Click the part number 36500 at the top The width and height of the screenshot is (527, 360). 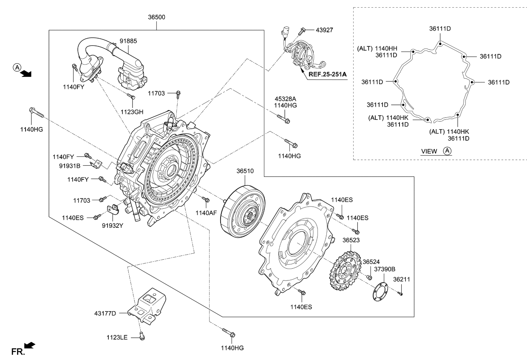point(156,17)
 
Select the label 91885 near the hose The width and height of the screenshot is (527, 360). point(129,41)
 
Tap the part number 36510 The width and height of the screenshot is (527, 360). point(245,171)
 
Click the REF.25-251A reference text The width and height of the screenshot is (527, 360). point(328,74)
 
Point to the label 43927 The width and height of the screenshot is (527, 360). point(324,30)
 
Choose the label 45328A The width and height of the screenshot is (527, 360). point(285,99)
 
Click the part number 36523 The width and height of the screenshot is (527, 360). point(351,240)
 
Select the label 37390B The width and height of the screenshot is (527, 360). point(385,269)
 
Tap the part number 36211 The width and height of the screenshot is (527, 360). point(402,280)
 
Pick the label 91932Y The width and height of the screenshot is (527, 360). point(112,226)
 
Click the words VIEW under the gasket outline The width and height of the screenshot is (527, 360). point(429,151)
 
